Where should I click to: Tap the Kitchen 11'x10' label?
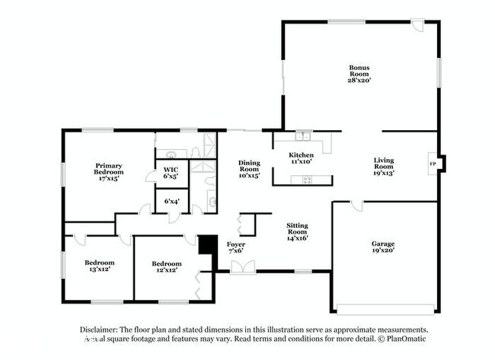[301, 158]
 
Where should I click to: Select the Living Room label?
[383, 167]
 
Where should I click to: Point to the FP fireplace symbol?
[433, 164]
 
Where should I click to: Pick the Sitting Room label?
[297, 231]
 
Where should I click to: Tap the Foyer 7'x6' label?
[236, 247]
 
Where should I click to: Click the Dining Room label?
[249, 169]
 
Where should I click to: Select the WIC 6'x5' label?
[171, 172]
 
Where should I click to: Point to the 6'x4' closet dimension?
[171, 201]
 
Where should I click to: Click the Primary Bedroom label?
[109, 169]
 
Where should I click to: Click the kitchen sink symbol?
[305, 137]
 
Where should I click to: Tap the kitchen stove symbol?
[307, 180]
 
